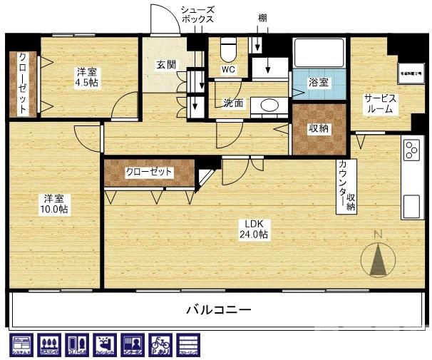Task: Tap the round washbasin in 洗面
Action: [269, 106]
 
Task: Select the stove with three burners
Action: [411, 150]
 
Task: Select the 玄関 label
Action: [166, 65]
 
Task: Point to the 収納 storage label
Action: [319, 129]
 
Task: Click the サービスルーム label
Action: [380, 104]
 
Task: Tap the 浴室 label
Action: [319, 83]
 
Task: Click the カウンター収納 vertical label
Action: [346, 186]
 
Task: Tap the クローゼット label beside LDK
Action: [149, 172]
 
